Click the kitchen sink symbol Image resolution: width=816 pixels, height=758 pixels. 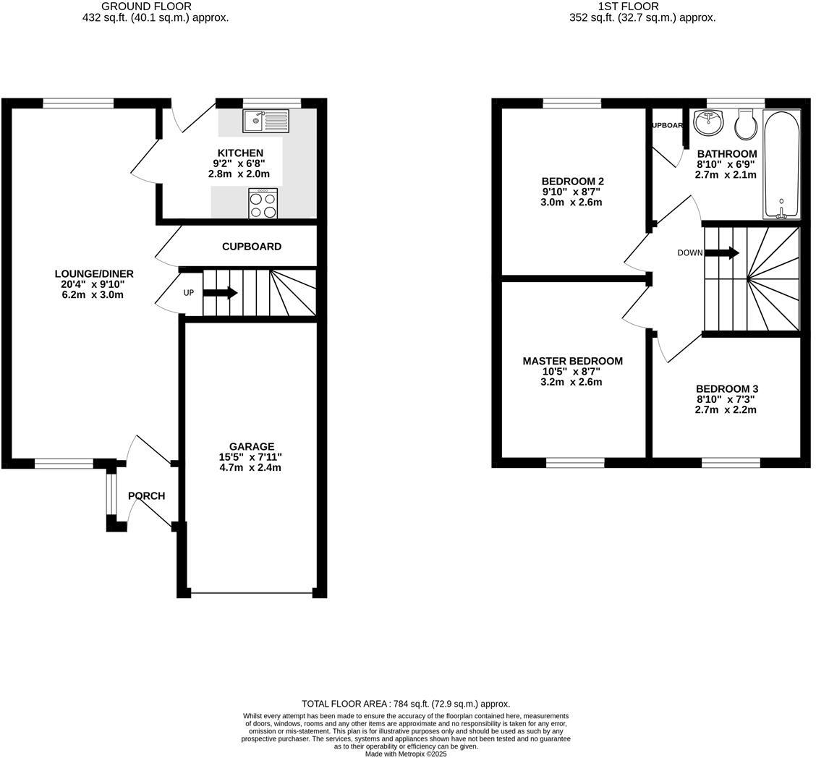tap(265, 121)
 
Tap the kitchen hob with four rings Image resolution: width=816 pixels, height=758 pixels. tap(263, 203)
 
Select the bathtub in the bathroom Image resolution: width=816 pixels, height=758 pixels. tap(782, 164)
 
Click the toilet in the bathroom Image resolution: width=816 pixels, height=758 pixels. tap(746, 124)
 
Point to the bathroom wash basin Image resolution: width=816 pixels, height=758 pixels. tap(708, 122)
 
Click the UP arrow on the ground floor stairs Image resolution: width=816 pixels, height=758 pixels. tap(220, 293)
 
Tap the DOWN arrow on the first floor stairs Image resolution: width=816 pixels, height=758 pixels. tap(721, 252)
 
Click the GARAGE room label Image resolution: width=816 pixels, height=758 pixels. tap(251, 447)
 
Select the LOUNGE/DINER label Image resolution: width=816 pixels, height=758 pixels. tap(94, 273)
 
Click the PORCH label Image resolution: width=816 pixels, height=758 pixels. tap(147, 496)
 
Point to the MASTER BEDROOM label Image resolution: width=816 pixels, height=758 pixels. tap(572, 361)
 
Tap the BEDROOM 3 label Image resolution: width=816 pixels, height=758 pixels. tap(727, 389)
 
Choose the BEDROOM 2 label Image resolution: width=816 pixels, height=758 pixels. tap(572, 181)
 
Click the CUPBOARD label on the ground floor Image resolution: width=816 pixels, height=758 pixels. tap(251, 247)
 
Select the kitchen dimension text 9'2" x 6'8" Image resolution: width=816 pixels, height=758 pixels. tap(239, 163)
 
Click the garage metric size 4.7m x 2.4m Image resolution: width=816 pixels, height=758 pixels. tap(250, 467)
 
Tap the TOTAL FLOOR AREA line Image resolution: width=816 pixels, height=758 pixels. tap(405, 704)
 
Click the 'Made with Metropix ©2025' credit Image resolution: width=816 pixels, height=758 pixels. tap(405, 754)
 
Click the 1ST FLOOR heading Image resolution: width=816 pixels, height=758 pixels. tap(618, 7)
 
